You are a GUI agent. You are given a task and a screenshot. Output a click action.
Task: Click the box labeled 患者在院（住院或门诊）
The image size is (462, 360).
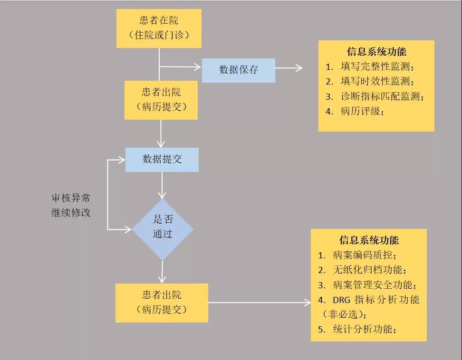159,28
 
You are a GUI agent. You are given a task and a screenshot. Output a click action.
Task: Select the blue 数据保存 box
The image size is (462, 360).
238,70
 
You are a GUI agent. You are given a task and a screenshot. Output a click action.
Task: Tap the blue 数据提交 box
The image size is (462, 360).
162,160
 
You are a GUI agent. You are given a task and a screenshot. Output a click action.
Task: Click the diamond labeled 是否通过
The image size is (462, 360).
163,229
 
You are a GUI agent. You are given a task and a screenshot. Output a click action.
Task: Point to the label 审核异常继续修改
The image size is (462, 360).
71,205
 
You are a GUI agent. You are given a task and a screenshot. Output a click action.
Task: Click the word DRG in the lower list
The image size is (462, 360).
341,300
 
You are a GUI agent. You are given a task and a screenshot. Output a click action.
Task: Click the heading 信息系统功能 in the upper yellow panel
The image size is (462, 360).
376,52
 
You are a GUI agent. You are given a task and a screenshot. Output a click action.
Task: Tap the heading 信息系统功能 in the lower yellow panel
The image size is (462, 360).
369,240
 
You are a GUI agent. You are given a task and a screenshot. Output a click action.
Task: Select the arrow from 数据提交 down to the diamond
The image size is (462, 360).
162,185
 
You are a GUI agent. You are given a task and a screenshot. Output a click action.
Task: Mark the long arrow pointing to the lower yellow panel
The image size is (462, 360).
260,303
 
